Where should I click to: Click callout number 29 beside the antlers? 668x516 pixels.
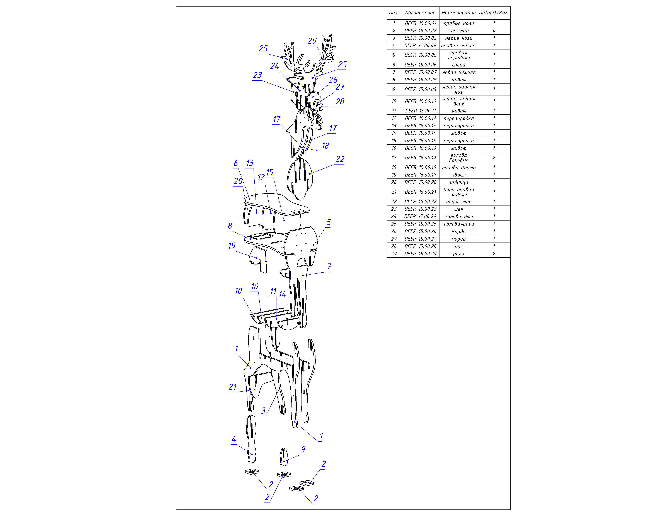[312, 41]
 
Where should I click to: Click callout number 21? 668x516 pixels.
[233, 387]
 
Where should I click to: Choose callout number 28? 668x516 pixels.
[340, 102]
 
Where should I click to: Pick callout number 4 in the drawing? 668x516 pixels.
[234, 439]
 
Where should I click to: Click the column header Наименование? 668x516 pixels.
[458, 13]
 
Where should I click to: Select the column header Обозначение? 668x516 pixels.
[420, 13]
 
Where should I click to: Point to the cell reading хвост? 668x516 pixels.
[458, 175]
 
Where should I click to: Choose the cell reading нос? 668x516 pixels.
[458, 246]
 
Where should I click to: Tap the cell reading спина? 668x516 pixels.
[458, 65]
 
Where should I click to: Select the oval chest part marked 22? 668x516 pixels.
[300, 177]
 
